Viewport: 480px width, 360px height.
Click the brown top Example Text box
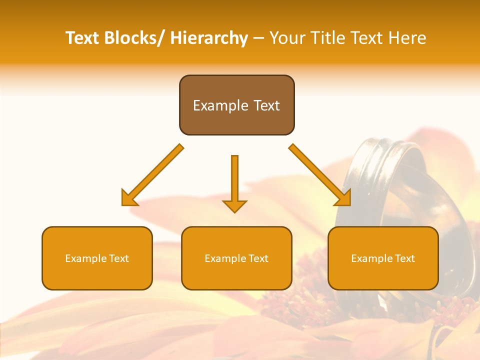pyautogui.click(x=236, y=105)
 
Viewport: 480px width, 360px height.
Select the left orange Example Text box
pyautogui.click(x=97, y=258)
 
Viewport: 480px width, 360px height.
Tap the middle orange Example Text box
pyautogui.click(x=236, y=258)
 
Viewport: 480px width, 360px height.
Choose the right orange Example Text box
pyautogui.click(x=383, y=258)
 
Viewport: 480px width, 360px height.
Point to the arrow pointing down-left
pyautogui.click(x=152, y=175)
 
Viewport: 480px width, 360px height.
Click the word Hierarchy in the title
pyautogui.click(x=209, y=38)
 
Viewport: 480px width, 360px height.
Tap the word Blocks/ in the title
pyautogui.click(x=134, y=38)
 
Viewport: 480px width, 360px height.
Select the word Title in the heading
pyautogui.click(x=328, y=38)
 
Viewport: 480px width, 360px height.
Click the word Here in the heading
pyautogui.click(x=407, y=38)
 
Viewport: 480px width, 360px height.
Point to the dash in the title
pyautogui.click(x=258, y=38)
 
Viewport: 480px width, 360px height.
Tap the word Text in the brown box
pyautogui.click(x=267, y=105)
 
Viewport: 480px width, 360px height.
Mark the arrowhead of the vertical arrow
pyautogui.click(x=234, y=206)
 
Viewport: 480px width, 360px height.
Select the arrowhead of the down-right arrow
pyautogui.click(x=343, y=198)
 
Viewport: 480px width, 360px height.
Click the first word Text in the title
pyautogui.click(x=82, y=38)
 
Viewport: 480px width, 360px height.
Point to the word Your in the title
pyautogui.click(x=287, y=38)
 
